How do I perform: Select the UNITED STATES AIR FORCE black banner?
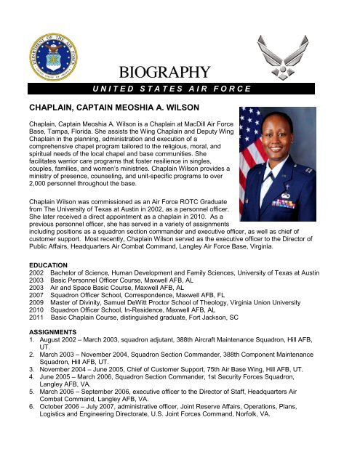[169, 89]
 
